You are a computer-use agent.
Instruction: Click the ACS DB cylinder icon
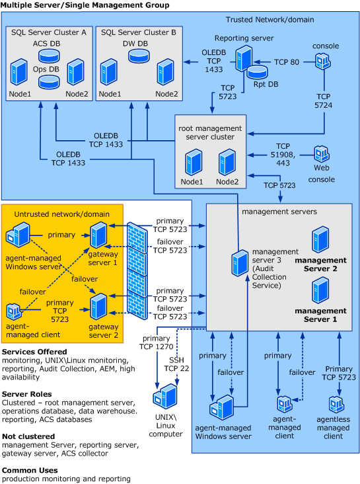49,56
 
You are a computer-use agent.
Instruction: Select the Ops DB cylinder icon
49,82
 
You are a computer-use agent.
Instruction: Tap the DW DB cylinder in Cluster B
139,56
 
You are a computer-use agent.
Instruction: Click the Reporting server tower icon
244,58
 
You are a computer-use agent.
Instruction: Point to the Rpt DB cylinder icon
257,72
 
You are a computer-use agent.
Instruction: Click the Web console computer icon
322,153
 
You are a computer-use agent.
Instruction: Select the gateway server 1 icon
98,235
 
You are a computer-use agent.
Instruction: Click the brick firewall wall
137,271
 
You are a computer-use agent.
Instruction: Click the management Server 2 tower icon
320,239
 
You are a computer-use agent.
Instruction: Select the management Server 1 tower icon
320,290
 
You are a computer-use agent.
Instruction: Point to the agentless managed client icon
336,404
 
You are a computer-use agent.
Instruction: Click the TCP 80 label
287,62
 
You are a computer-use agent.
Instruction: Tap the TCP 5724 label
323,101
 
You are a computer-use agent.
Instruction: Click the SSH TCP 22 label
176,364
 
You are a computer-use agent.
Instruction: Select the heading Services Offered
34,352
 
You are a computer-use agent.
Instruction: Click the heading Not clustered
28,436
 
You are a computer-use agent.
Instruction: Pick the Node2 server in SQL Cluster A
75,72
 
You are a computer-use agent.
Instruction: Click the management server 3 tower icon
240,262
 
